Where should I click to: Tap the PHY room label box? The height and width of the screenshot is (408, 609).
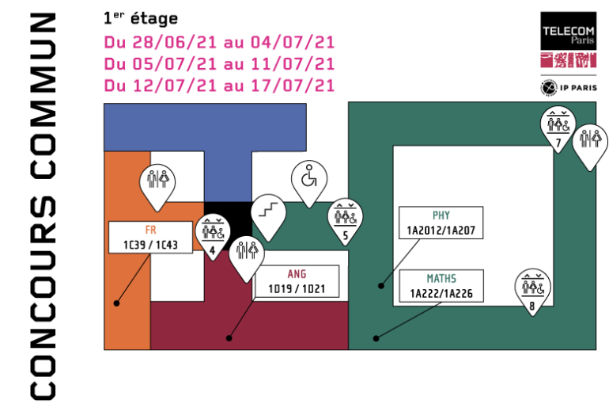pyautogui.click(x=441, y=223)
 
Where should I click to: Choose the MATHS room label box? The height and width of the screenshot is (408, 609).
pyautogui.click(x=441, y=286)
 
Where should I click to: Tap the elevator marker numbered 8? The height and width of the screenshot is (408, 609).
pyautogui.click(x=532, y=289)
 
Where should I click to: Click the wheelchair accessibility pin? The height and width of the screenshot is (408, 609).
pyautogui.click(x=308, y=180)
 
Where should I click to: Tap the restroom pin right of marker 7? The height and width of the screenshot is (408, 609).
pyautogui.click(x=589, y=143)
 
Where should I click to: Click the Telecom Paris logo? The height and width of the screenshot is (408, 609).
pyautogui.click(x=567, y=40)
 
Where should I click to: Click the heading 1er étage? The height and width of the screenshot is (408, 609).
pyautogui.click(x=140, y=17)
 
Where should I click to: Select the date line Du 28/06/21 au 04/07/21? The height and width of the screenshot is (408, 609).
pyautogui.click(x=218, y=42)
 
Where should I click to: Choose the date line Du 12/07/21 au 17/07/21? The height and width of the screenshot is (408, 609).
pyautogui.click(x=218, y=85)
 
